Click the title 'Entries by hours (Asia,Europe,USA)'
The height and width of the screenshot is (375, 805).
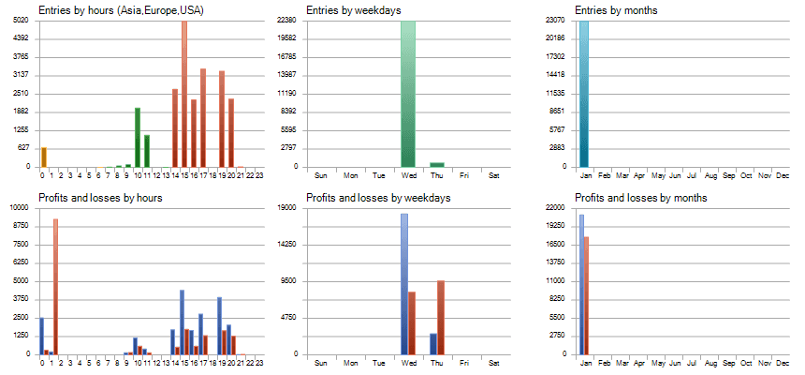tap(122, 10)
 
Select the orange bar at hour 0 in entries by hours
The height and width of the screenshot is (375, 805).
tap(43, 157)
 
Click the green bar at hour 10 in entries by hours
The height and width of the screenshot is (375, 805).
tap(138, 137)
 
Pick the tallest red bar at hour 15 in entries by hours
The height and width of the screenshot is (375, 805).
tap(184, 94)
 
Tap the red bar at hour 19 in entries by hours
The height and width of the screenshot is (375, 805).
tap(222, 119)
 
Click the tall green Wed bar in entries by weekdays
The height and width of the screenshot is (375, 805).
tap(408, 94)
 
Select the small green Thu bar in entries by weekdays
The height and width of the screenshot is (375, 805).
tap(437, 164)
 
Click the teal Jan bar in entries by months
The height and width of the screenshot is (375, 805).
tap(585, 94)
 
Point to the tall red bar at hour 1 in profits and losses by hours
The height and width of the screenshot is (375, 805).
tap(55, 286)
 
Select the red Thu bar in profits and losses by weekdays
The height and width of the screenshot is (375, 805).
tap(441, 317)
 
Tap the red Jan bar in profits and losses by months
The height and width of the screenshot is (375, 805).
tap(586, 295)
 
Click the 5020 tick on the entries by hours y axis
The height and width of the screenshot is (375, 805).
tap(22, 20)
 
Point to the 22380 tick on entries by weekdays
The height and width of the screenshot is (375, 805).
tap(286, 20)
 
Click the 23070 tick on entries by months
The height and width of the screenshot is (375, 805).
tap(555, 20)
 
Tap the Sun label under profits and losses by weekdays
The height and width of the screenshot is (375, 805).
tap(321, 363)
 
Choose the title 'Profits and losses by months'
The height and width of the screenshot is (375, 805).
tap(640, 198)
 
